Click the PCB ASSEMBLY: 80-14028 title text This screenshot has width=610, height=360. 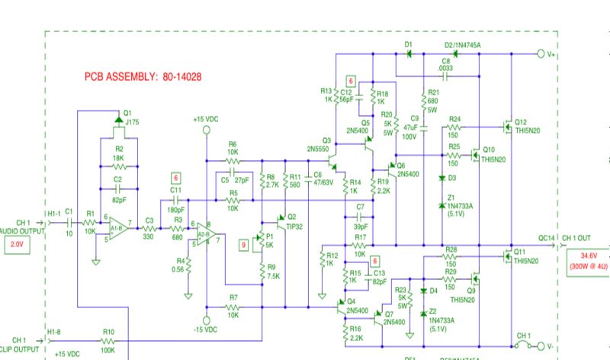(143, 77)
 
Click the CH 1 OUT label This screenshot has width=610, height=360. (584, 237)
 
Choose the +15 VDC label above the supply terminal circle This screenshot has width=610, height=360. (206, 119)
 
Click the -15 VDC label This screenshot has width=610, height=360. (206, 330)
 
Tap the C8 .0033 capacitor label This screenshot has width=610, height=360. (446, 65)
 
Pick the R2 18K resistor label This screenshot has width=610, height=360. (118, 154)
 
